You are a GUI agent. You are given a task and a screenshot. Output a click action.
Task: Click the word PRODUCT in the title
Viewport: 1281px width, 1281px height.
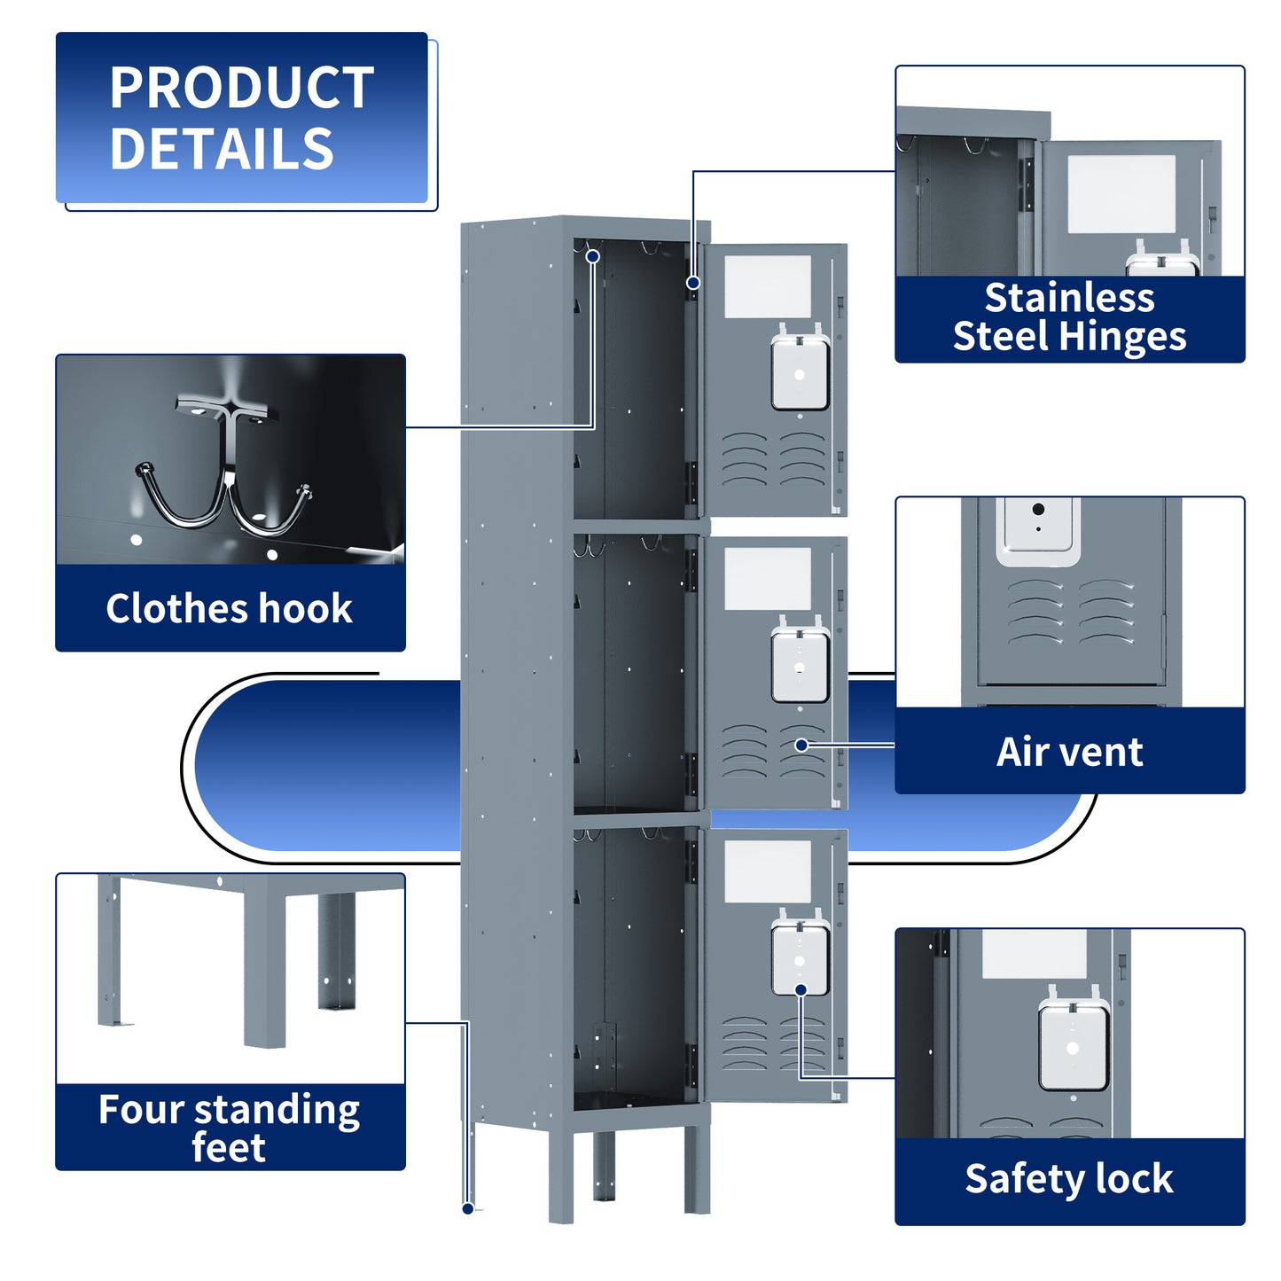(x=241, y=88)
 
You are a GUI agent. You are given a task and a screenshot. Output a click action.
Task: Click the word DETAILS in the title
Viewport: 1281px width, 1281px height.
(x=222, y=148)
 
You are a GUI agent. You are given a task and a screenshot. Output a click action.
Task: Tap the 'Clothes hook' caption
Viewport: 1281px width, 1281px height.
(x=230, y=608)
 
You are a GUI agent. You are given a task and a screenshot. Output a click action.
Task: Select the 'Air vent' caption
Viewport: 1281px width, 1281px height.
(x=1069, y=752)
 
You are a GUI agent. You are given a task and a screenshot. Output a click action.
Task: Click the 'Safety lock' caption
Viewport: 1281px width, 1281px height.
(x=1069, y=1179)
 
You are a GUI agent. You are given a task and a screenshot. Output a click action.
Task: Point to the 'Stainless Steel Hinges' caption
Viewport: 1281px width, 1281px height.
(x=1069, y=317)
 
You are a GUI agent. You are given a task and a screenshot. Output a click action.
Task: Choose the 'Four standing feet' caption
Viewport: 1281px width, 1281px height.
(x=230, y=1128)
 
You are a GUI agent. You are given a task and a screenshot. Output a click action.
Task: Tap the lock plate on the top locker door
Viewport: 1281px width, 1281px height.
(x=800, y=372)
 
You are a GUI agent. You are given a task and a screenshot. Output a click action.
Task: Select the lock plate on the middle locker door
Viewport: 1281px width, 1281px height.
(x=800, y=665)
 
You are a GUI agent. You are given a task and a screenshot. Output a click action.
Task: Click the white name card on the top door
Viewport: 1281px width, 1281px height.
(x=768, y=286)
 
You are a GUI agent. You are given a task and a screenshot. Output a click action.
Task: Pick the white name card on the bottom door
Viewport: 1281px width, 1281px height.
(x=768, y=871)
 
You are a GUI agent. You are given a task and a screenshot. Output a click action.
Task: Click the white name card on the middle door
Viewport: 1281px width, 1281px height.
(x=768, y=578)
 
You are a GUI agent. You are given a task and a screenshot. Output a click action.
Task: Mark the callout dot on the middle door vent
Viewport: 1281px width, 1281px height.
(x=801, y=746)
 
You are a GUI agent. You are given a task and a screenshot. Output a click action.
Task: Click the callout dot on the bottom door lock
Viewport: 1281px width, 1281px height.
(x=801, y=990)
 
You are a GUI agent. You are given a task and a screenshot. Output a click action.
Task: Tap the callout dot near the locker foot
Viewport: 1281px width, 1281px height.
(x=468, y=1208)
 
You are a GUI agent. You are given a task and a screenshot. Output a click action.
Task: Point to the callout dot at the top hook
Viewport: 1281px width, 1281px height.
(x=593, y=257)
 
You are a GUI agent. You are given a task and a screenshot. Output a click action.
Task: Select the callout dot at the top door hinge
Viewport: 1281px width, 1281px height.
(x=693, y=283)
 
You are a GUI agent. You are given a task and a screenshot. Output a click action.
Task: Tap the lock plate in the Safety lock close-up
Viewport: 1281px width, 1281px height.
(x=1073, y=1047)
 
